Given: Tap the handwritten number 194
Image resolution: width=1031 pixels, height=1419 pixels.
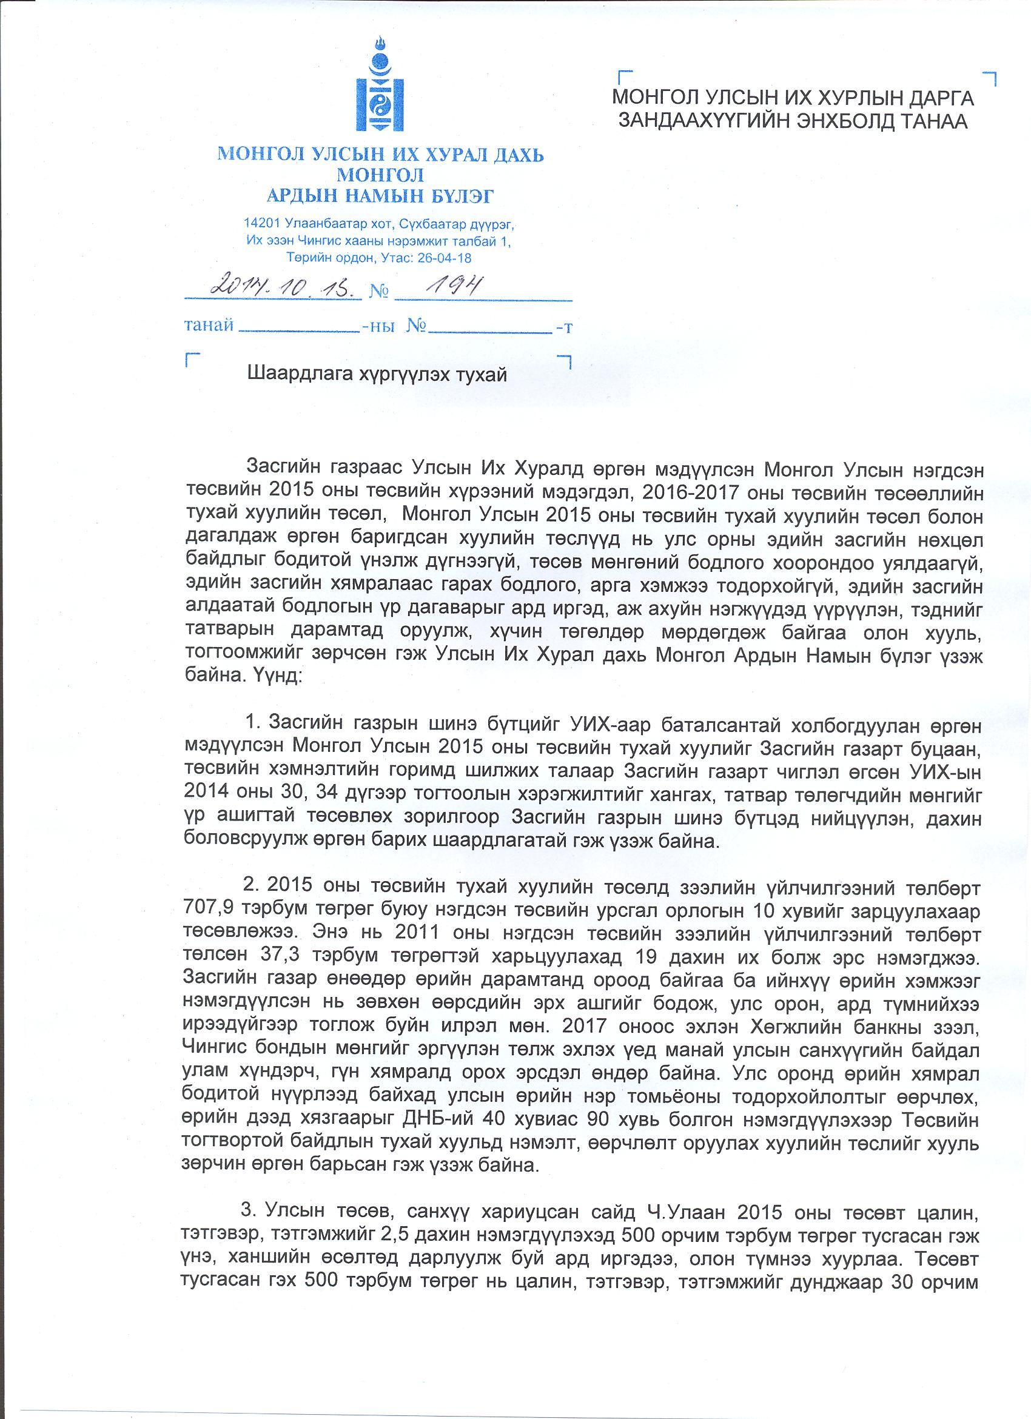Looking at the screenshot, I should click(x=451, y=286).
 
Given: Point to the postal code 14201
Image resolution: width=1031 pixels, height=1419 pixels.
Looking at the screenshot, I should click(x=262, y=223).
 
